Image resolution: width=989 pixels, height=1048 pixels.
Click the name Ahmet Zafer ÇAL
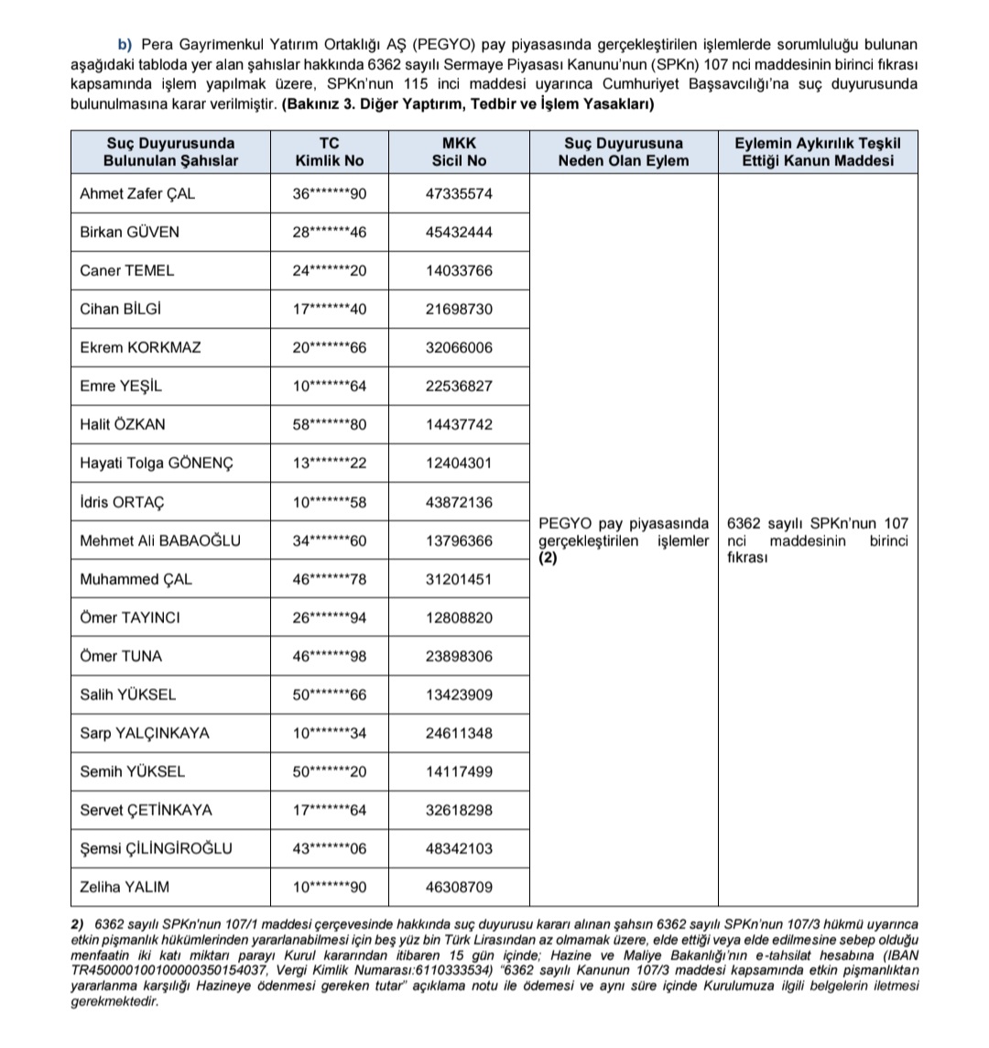click(x=137, y=194)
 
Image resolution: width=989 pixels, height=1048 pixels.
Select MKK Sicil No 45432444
click(x=459, y=233)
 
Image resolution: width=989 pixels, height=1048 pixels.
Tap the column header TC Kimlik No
click(x=329, y=152)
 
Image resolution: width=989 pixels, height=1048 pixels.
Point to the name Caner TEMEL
click(x=127, y=271)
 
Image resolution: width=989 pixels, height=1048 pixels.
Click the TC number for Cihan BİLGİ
click(x=329, y=310)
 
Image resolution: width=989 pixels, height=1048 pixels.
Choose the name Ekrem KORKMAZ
click(x=141, y=348)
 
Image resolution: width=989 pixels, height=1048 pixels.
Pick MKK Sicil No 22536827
click(x=459, y=387)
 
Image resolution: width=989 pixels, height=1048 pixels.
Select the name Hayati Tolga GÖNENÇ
click(x=157, y=464)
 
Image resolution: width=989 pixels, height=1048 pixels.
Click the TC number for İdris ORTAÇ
click(x=329, y=502)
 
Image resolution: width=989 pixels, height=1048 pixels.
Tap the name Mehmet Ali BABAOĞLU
click(x=160, y=540)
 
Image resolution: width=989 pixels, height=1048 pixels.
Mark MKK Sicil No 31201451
click(x=459, y=579)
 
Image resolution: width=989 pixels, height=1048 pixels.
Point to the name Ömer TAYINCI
click(x=130, y=617)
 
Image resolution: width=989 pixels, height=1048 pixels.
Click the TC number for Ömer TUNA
click(x=329, y=656)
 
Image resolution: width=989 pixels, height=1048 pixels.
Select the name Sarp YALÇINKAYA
click(x=145, y=733)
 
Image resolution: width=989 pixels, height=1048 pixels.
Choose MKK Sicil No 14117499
click(x=459, y=771)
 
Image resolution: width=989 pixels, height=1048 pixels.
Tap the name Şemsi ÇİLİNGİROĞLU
click(x=157, y=848)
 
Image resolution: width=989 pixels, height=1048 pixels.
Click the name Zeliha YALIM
click(x=125, y=887)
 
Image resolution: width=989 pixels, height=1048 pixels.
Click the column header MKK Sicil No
click(x=459, y=152)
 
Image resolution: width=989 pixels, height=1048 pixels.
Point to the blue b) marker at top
click(x=125, y=44)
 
